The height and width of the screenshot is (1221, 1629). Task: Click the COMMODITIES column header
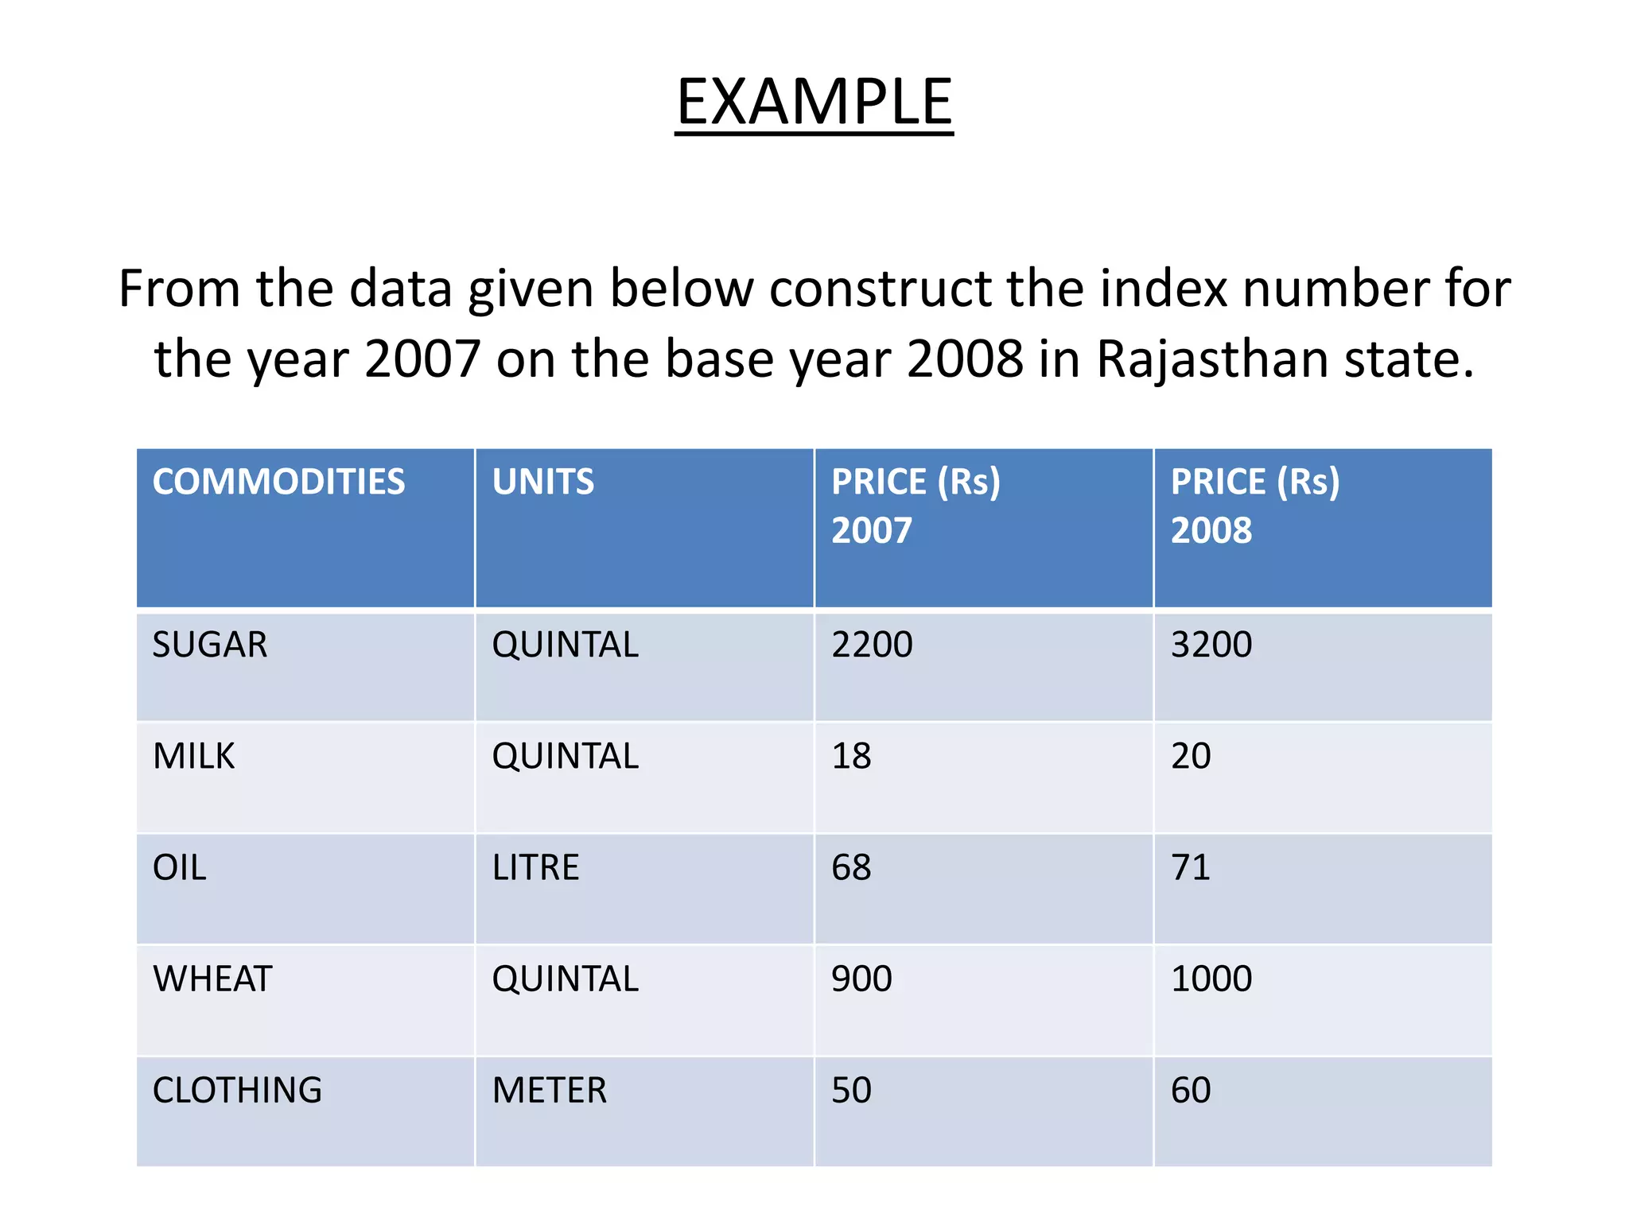pyautogui.click(x=278, y=482)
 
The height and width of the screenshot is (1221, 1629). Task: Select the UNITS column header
pyautogui.click(x=542, y=482)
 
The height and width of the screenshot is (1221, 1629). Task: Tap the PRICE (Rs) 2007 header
pyautogui.click(x=915, y=506)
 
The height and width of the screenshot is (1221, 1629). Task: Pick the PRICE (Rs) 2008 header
pyautogui.click(x=1254, y=506)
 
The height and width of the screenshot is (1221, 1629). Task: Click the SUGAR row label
pyautogui.click(x=210, y=645)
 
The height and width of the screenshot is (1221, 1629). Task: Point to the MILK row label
pyautogui.click(x=193, y=756)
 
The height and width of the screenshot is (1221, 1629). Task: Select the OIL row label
pyautogui.click(x=180, y=867)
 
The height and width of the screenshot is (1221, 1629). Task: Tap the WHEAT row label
pyautogui.click(x=212, y=979)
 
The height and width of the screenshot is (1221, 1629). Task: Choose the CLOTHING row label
pyautogui.click(x=237, y=1090)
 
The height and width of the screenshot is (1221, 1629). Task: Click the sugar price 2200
pyautogui.click(x=872, y=645)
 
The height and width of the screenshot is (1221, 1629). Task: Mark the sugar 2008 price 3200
pyautogui.click(x=1211, y=645)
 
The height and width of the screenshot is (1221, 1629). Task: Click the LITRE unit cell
pyautogui.click(x=535, y=867)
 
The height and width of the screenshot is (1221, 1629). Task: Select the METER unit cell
pyautogui.click(x=549, y=1090)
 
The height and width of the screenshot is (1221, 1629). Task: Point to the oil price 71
pyautogui.click(x=1190, y=867)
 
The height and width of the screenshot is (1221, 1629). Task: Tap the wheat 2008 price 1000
pyautogui.click(x=1211, y=979)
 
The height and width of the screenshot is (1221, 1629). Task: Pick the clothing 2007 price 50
pyautogui.click(x=851, y=1090)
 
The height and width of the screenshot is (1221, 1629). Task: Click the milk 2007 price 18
pyautogui.click(x=851, y=756)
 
